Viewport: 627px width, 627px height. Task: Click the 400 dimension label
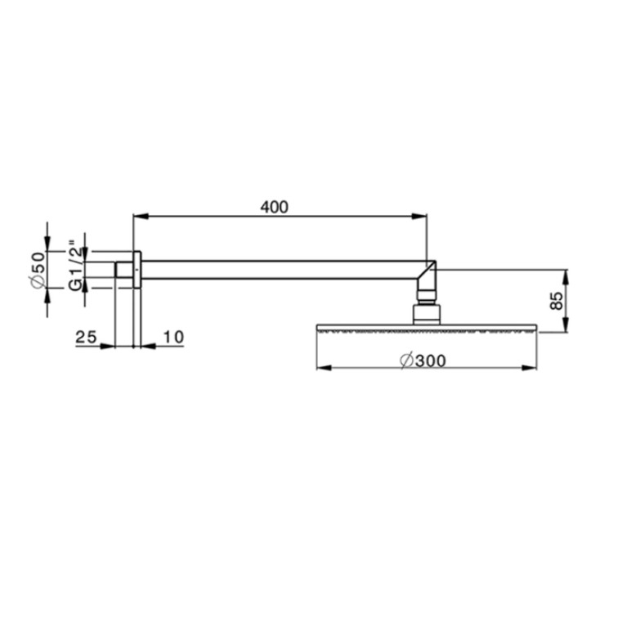[274, 207]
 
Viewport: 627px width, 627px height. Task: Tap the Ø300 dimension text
[423, 361]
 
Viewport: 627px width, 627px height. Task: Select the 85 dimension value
[556, 300]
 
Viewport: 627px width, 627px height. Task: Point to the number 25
[86, 337]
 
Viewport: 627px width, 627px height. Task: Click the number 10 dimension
[173, 337]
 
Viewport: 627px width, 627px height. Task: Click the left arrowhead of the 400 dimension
[141, 217]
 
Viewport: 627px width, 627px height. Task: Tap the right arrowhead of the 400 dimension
[419, 217]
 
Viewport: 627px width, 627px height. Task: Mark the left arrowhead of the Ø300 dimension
[325, 368]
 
